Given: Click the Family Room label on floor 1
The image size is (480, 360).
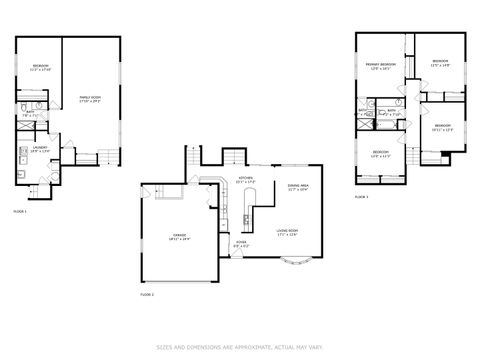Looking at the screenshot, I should (92, 98).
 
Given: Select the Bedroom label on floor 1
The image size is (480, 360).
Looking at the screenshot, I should (40, 68).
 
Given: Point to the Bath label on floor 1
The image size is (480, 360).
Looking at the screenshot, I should (30, 114).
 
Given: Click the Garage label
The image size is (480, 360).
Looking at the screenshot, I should (180, 238).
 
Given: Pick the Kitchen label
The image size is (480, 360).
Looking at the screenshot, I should (245, 181).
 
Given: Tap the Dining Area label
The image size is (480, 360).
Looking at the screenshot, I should (297, 187).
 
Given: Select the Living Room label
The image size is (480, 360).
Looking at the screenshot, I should (288, 233).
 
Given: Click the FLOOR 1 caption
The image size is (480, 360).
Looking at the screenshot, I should (20, 211).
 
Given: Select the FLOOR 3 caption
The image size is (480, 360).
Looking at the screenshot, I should (361, 197).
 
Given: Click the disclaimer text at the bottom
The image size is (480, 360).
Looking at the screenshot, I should (240, 347).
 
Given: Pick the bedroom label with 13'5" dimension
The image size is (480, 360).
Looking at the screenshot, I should (440, 63).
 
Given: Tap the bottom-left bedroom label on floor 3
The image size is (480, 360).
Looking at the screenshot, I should (380, 155).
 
